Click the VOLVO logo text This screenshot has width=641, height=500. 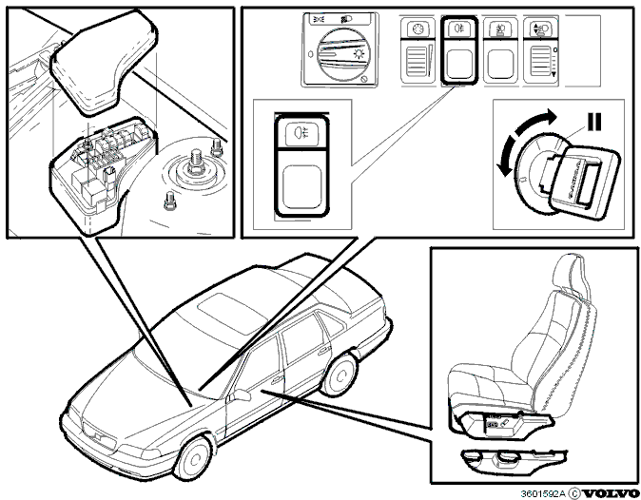pos(611,493)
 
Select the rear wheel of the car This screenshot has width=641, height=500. pos(340,375)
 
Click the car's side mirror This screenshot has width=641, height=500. pos(241,394)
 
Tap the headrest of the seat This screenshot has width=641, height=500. pos(572,274)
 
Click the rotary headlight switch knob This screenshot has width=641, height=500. pos(339,55)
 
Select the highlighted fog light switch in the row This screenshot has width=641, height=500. pos(459,50)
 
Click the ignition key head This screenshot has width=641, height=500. pos(586,181)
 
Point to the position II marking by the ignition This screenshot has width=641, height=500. pos(593,122)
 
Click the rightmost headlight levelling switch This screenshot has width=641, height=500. pos(541,50)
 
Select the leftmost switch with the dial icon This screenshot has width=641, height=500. pos(418,50)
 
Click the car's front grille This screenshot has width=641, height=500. pos(99,436)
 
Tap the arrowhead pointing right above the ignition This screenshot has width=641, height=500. pos(550,116)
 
